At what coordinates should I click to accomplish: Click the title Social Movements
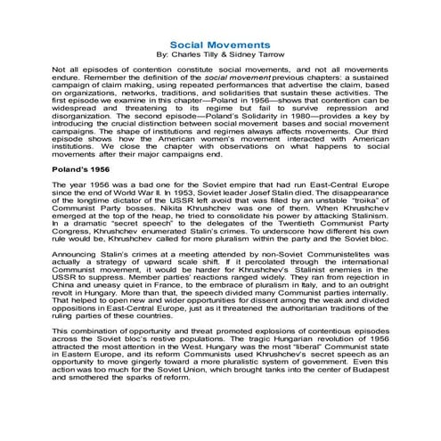pos(220,44)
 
